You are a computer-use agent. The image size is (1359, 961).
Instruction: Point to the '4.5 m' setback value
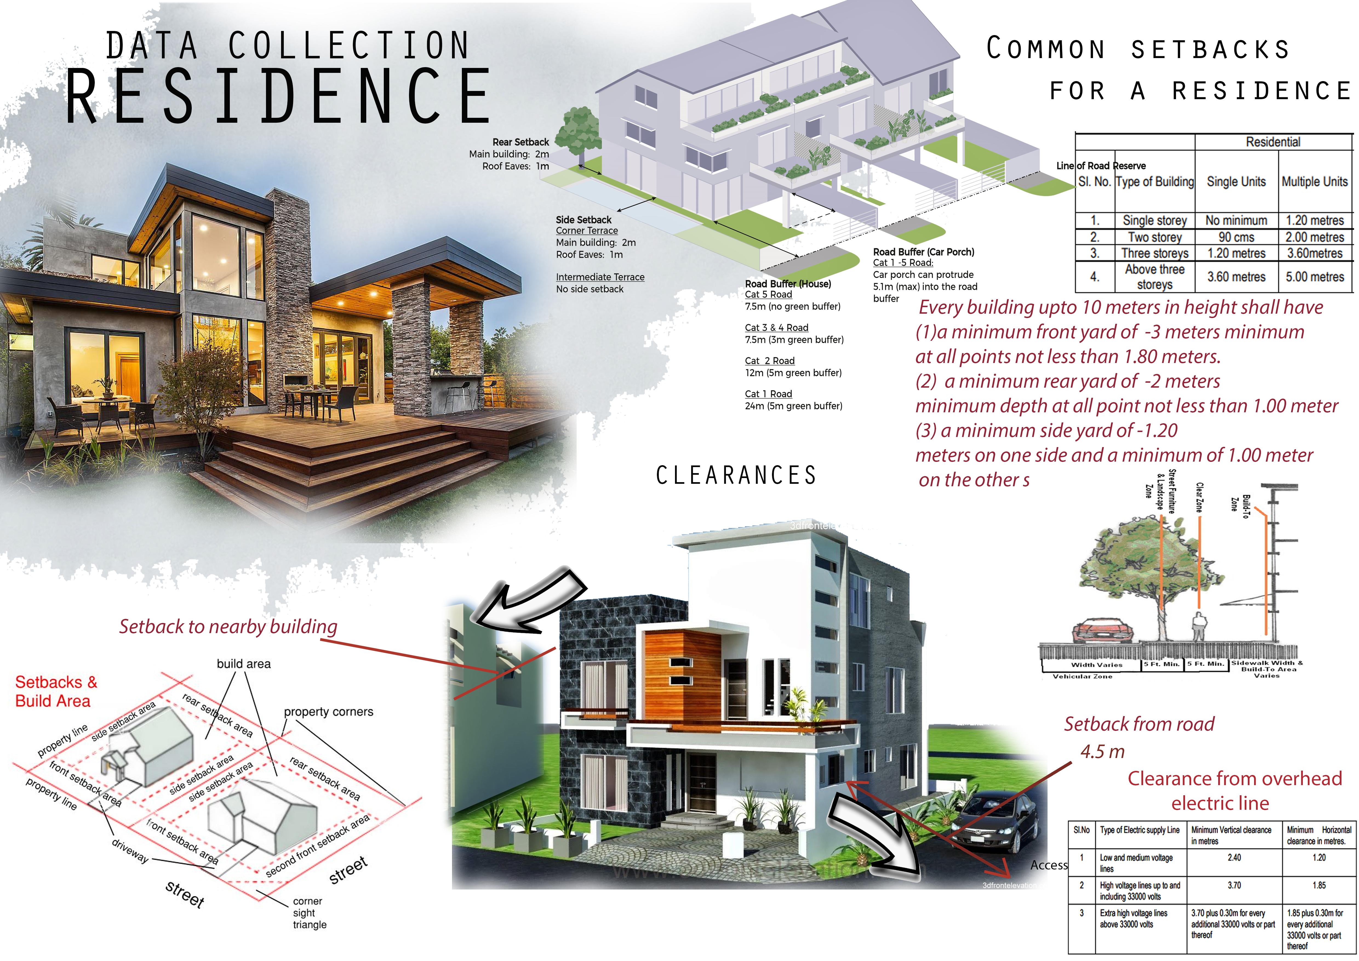1102,751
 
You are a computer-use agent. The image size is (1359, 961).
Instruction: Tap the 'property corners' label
328,712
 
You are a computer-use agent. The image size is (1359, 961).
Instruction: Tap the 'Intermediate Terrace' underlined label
600,277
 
